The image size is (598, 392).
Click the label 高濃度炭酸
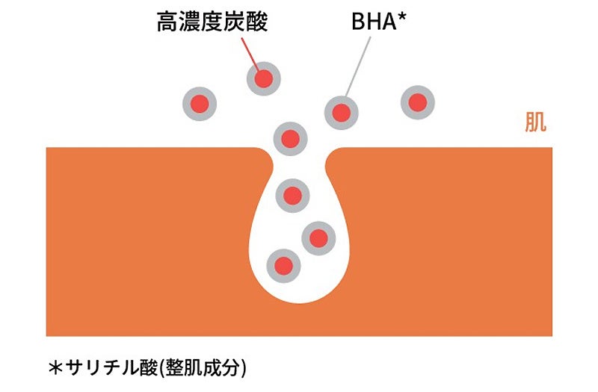(x=212, y=21)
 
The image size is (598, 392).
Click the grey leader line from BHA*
(x=359, y=67)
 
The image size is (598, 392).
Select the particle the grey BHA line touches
(x=341, y=113)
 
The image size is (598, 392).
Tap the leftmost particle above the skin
(x=200, y=104)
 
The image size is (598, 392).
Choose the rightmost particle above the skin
(x=417, y=102)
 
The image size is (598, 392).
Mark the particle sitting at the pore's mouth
(x=291, y=137)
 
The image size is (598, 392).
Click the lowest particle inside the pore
(x=283, y=264)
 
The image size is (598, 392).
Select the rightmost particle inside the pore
(x=318, y=238)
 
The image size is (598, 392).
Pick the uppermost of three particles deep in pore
(x=292, y=196)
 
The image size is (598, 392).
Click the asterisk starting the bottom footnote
(x=55, y=367)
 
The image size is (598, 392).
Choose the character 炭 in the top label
(x=235, y=21)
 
